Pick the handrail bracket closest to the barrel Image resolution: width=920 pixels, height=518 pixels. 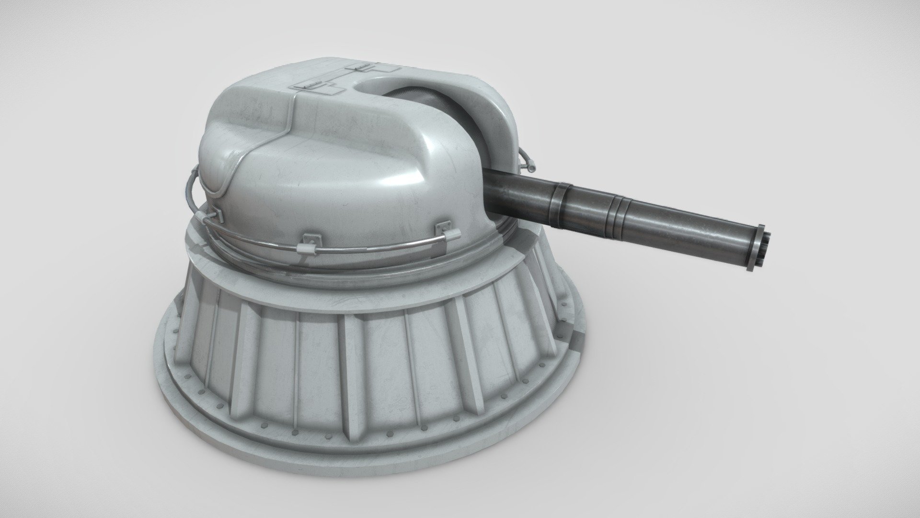448,234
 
